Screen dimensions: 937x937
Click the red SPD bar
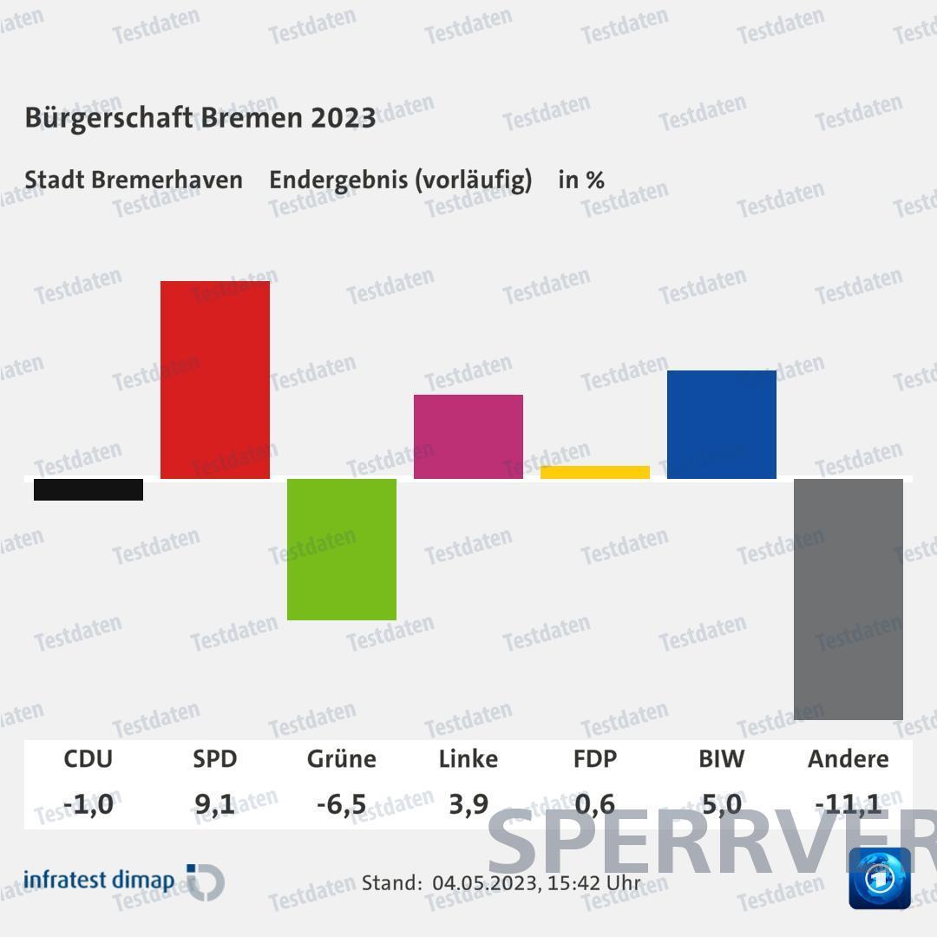pos(215,379)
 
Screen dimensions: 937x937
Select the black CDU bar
pos(88,489)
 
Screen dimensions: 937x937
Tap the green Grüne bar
pos(342,549)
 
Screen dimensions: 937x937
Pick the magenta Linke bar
pos(468,436)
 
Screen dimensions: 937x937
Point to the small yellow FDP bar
pos(595,472)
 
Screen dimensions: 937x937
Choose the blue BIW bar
pos(722,424)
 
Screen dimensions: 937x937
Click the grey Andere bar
pos(849,599)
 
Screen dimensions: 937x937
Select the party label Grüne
pos(342,759)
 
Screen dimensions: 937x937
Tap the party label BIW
pos(722,759)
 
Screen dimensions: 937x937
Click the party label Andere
pos(849,759)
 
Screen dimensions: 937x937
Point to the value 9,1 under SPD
pos(215,804)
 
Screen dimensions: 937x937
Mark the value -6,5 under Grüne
pos(342,804)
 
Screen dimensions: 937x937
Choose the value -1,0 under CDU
pos(88,804)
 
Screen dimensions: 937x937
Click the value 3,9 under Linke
pos(468,804)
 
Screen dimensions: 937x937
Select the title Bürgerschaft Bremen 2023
pos(200,118)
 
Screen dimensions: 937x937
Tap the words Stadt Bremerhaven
pos(134,180)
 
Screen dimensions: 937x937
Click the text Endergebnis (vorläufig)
pos(400,180)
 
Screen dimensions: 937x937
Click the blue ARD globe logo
pos(880,878)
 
